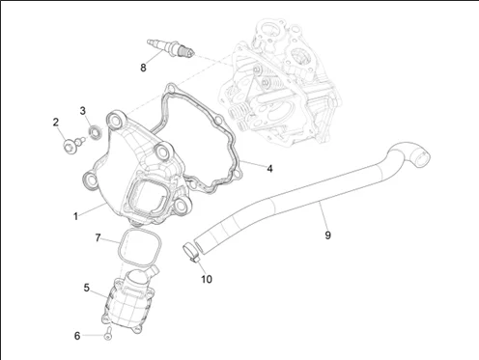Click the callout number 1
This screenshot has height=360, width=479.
pyautogui.click(x=75, y=216)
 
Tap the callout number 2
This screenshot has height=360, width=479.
pyautogui.click(x=56, y=123)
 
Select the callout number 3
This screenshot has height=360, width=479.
pyautogui.click(x=83, y=111)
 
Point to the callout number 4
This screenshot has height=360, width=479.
pyautogui.click(x=269, y=168)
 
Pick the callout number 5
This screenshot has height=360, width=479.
pyautogui.click(x=86, y=288)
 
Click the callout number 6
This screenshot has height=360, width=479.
pyautogui.click(x=77, y=336)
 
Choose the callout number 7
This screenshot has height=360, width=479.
pyautogui.click(x=98, y=237)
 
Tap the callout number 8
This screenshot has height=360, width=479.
pyautogui.click(x=143, y=68)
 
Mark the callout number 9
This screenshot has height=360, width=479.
pyautogui.click(x=327, y=235)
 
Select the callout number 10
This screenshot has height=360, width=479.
pyautogui.click(x=207, y=279)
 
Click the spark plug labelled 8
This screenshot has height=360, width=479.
pyautogui.click(x=171, y=49)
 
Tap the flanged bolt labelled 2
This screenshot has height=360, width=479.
pyautogui.click(x=73, y=145)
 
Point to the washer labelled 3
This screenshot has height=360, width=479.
pyautogui.click(x=96, y=132)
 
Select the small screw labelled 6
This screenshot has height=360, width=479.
pyautogui.click(x=108, y=334)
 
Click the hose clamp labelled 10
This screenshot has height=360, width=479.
pyautogui.click(x=191, y=252)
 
